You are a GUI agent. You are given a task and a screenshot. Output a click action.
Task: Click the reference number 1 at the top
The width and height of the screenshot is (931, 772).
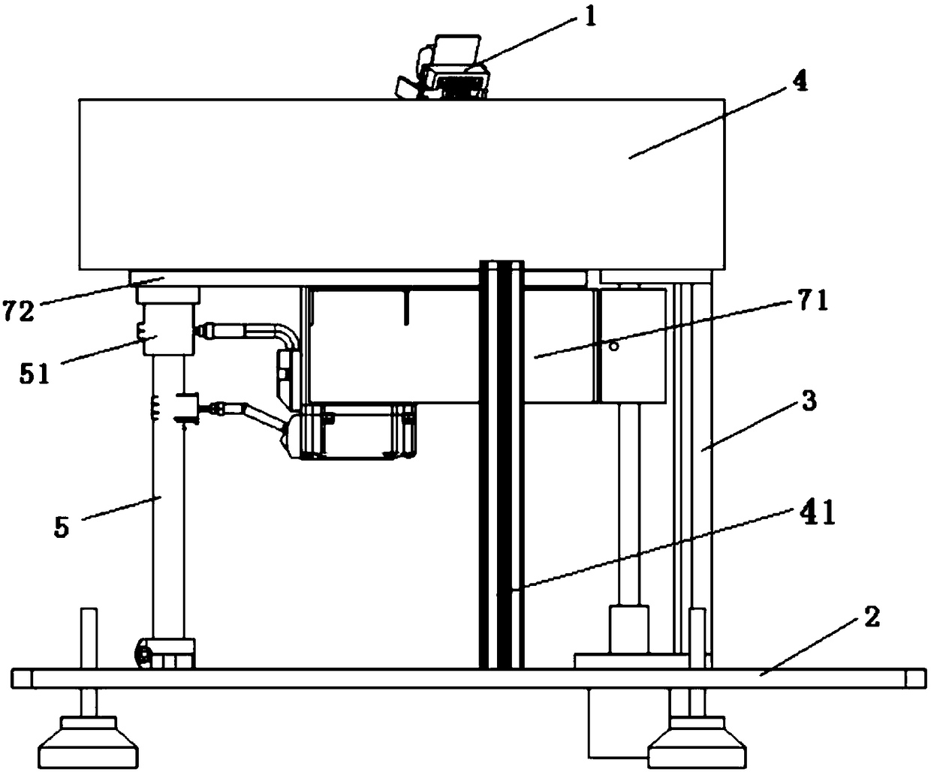tap(591, 17)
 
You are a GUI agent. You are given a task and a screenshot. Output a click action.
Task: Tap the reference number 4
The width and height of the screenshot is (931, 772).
tap(800, 82)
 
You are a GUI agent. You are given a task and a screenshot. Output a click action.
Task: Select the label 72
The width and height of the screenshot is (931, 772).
tap(18, 309)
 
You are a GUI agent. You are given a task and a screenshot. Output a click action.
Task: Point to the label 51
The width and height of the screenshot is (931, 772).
tap(34, 373)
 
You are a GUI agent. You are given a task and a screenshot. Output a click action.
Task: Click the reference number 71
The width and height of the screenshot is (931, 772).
tap(813, 301)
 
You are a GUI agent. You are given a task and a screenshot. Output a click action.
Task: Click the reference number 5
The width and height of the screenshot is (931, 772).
tap(62, 527)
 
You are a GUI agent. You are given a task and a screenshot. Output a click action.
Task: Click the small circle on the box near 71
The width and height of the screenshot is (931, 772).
tap(614, 347)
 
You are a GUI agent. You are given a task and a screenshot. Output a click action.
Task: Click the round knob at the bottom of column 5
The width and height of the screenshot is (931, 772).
tap(141, 653)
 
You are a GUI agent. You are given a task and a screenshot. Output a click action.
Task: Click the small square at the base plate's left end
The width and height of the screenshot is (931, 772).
tap(23, 678)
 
